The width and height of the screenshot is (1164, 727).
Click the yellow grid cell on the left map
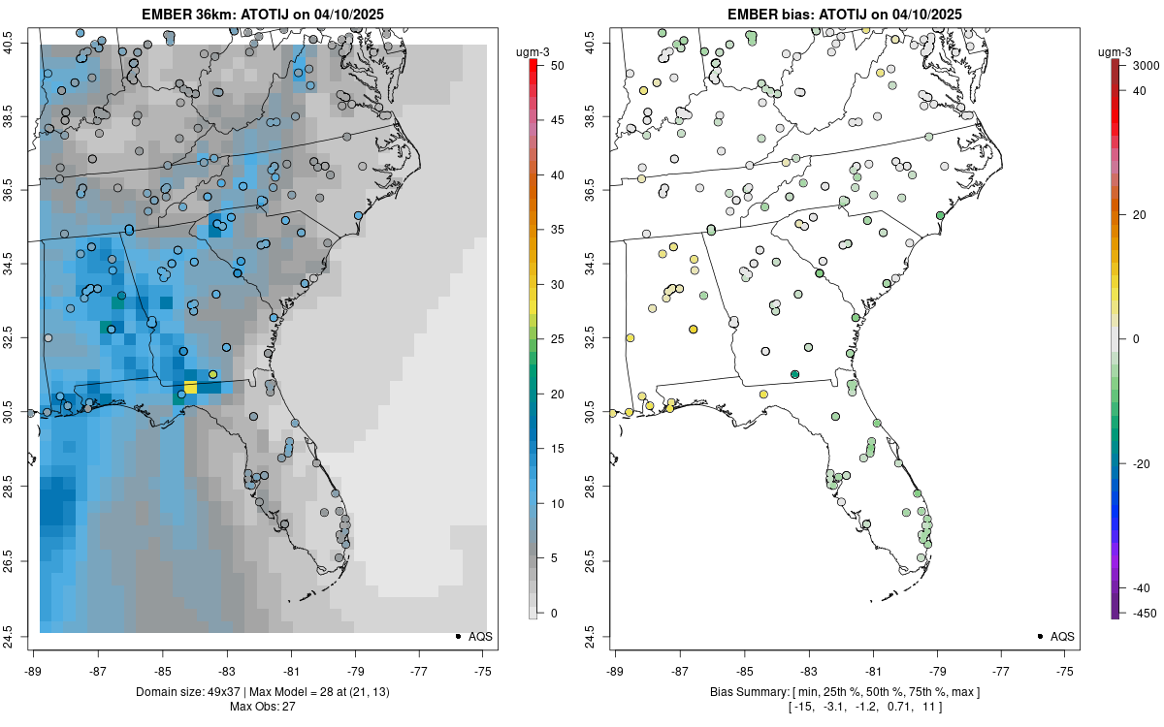190,387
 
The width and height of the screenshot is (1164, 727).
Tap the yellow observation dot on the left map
212,374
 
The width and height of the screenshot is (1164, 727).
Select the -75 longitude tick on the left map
484,671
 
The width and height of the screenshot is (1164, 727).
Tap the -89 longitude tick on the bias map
615,671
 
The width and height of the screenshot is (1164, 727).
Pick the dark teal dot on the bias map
794,374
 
